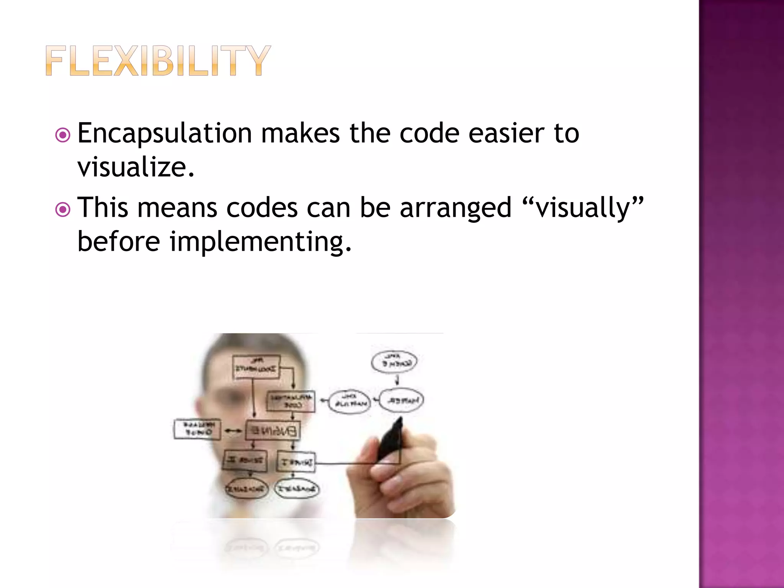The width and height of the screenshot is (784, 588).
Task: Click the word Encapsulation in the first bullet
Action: (165, 134)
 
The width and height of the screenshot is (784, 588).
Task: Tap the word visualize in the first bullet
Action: (132, 168)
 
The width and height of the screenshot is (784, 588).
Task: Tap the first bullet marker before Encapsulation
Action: (63, 135)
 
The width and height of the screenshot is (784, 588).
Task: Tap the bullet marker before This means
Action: (63, 209)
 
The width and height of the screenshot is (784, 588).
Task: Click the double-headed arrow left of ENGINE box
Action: (233, 431)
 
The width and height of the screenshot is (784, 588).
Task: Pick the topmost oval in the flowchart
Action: (394, 362)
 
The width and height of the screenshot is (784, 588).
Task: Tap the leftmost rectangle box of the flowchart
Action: (198, 429)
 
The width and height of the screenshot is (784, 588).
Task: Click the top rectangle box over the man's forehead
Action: (256, 367)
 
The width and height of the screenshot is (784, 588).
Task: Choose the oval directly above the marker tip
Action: (402, 400)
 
